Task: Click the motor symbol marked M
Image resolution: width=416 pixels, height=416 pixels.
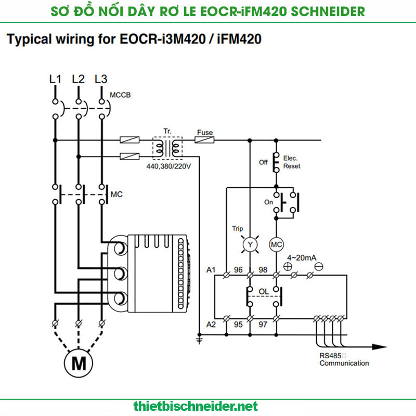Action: pos(79,362)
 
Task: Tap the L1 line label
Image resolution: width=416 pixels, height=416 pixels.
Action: pos(55,80)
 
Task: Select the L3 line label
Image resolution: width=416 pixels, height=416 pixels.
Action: pos(101,80)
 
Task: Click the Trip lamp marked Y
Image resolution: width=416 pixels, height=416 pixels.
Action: pos(250,244)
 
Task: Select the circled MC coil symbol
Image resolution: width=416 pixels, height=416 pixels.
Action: pos(276,244)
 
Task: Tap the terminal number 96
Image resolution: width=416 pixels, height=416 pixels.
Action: pos(239,269)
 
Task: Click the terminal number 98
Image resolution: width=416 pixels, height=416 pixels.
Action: pos(264,269)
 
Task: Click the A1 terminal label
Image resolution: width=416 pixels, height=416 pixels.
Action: pos(211,269)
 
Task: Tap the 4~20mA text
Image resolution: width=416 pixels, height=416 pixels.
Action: pos(302,257)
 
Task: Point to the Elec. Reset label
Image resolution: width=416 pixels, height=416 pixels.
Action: pos(292,162)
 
